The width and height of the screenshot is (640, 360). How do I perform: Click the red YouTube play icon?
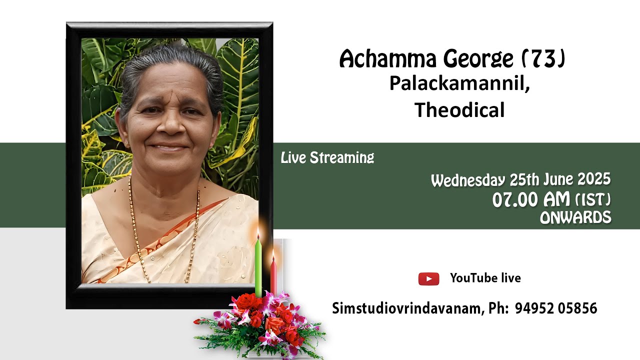point(428,279)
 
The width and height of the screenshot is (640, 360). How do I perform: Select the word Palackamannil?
point(458,84)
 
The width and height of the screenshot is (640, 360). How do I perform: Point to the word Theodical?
point(459,110)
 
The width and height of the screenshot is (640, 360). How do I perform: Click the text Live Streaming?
point(327,158)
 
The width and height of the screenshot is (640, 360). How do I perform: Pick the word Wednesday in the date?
point(468,180)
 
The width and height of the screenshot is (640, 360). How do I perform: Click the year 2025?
point(594,179)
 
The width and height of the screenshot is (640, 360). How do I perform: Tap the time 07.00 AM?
point(531,200)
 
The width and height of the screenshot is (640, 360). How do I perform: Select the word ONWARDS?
point(575,217)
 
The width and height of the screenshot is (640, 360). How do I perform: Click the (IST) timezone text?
point(593,200)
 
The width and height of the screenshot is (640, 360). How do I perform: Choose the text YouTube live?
point(485,278)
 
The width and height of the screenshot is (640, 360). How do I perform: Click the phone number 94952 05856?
point(555,308)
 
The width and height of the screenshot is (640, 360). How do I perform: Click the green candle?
point(258,267)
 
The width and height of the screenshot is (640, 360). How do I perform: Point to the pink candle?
point(273,277)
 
